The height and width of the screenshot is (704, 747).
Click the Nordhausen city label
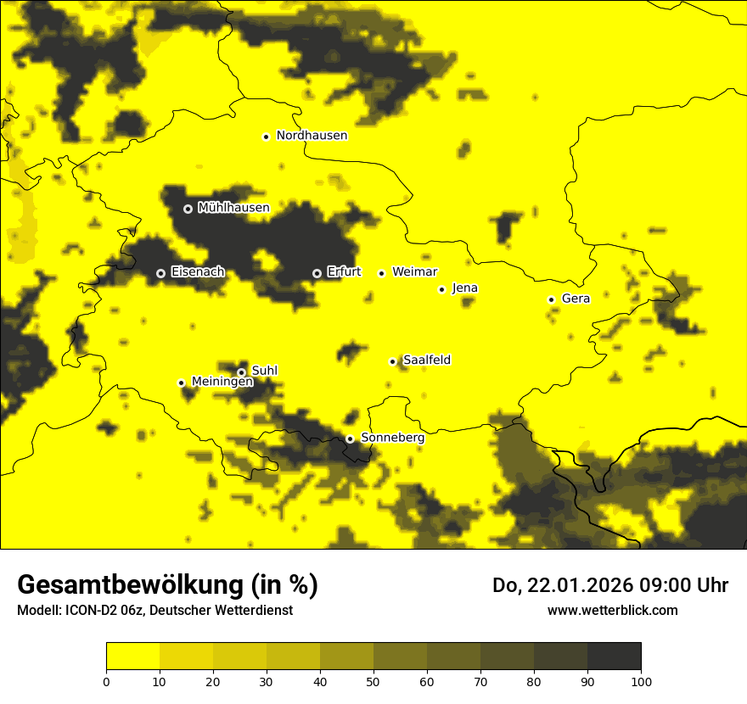click(x=312, y=136)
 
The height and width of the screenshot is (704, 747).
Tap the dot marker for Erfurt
click(x=317, y=273)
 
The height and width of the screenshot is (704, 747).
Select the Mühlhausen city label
click(x=233, y=208)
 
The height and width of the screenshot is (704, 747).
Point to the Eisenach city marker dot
click(x=160, y=273)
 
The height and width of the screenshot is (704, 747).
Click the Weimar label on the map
click(x=415, y=272)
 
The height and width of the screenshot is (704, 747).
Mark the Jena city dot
click(x=441, y=289)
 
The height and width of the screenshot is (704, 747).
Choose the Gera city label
click(x=576, y=299)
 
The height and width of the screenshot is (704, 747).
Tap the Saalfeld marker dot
click(x=392, y=361)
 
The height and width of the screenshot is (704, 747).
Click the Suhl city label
click(x=264, y=371)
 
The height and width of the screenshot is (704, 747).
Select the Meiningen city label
click(x=222, y=382)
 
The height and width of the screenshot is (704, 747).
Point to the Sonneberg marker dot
click(x=350, y=439)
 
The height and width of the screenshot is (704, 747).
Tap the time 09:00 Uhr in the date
click(x=682, y=585)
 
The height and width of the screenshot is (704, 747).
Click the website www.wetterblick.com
click(x=612, y=610)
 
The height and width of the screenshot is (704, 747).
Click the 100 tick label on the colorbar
click(x=641, y=680)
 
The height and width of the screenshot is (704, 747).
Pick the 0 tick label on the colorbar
click(x=106, y=680)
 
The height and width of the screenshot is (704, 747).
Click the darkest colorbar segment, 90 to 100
click(x=614, y=656)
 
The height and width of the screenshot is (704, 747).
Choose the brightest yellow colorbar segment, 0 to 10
click(x=132, y=656)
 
